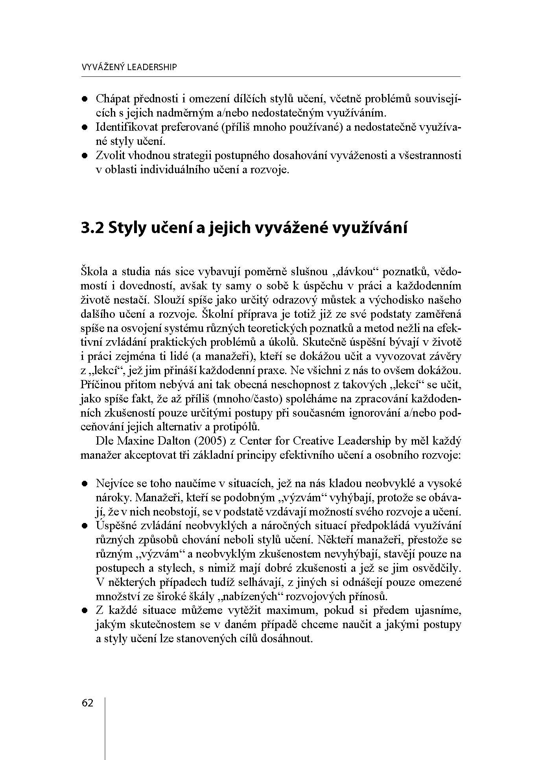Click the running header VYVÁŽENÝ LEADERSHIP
[129, 67]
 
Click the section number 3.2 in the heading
[92, 228]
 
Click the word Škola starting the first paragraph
[94, 272]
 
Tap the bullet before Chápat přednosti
[84, 100]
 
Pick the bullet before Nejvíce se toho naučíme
[84, 484]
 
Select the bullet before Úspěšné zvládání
[84, 526]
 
